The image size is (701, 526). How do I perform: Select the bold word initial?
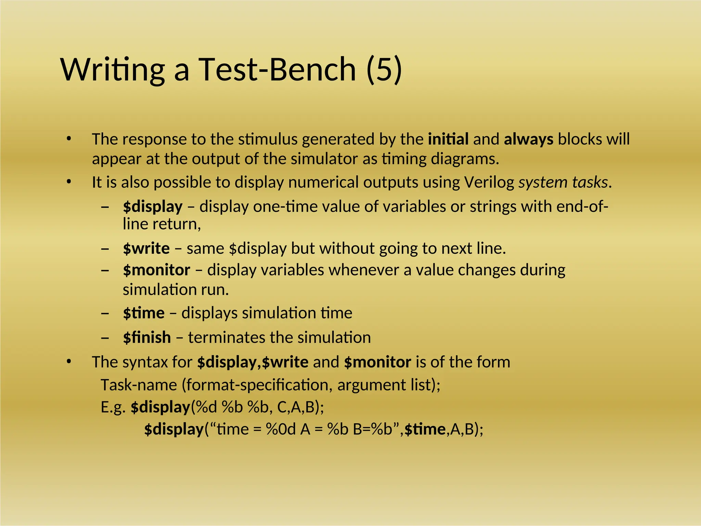click(448, 139)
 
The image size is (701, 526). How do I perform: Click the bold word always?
click(528, 139)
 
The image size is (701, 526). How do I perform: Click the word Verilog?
click(489, 182)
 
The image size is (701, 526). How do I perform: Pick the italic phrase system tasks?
click(563, 182)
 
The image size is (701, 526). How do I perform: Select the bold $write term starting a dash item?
click(146, 248)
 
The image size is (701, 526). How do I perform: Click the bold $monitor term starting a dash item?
click(156, 270)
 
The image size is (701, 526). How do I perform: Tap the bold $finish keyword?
click(147, 338)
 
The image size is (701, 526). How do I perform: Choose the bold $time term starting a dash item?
click(144, 313)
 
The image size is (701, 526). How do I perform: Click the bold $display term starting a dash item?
click(153, 206)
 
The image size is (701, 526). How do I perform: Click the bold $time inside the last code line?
click(425, 429)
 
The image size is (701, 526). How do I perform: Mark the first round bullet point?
click(69, 139)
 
